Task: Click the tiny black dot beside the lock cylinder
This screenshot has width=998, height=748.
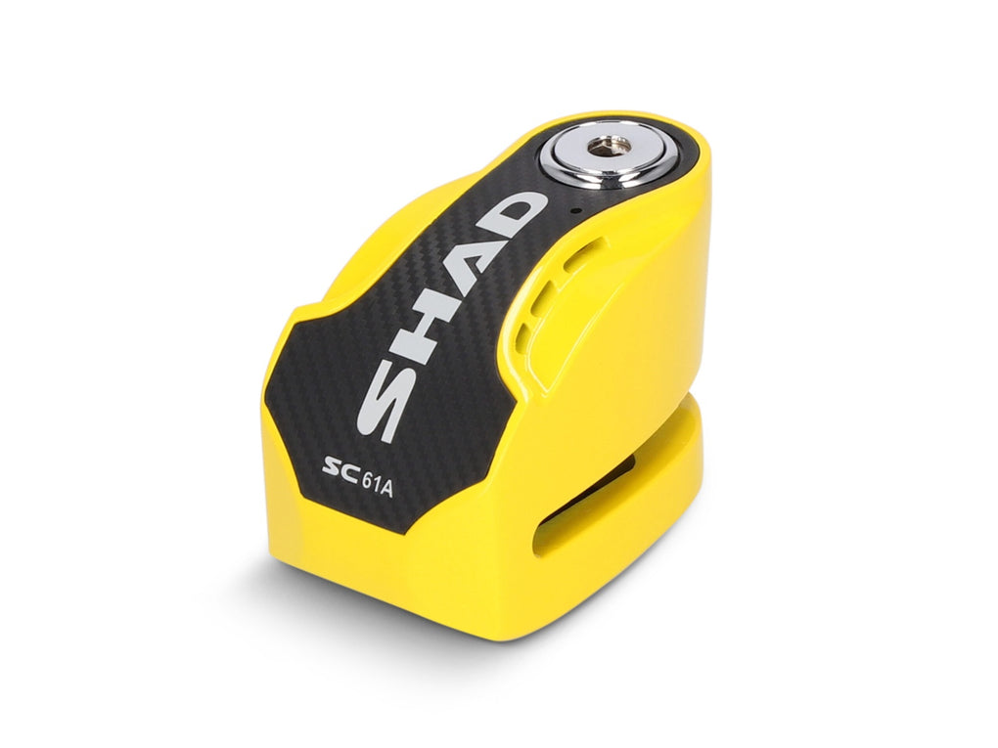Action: (x=575, y=210)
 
